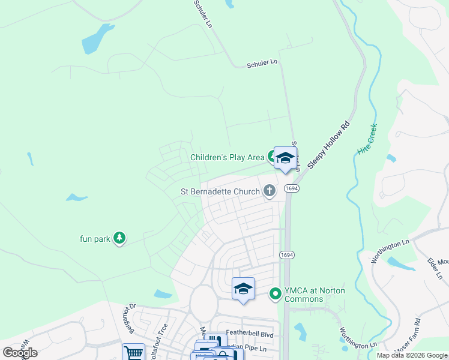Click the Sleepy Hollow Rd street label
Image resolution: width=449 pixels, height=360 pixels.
328,146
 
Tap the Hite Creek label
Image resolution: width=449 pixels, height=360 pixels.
367,140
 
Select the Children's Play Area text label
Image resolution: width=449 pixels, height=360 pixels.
227,158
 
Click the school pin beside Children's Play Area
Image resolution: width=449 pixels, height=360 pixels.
286,159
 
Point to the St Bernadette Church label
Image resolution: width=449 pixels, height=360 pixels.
220,192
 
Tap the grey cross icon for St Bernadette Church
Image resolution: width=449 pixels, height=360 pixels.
270,191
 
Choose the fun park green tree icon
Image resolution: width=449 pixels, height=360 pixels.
119,239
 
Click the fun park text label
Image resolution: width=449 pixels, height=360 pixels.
95,239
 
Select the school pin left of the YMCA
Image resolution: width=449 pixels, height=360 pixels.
243,289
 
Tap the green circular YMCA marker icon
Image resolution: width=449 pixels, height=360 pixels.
276,293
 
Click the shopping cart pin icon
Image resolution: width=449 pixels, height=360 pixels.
133,353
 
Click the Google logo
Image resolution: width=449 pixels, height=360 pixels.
20,353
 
